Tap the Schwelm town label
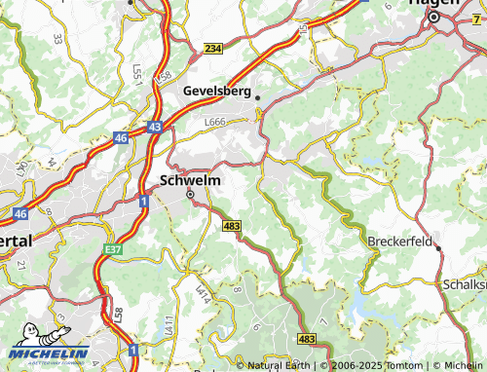point(190,180)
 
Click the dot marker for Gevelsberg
point(258,97)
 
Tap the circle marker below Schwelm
point(191,194)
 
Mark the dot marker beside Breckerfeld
point(438,247)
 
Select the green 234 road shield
point(214,49)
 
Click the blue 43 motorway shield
point(156,127)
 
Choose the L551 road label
point(136,72)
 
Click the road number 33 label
point(58,39)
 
